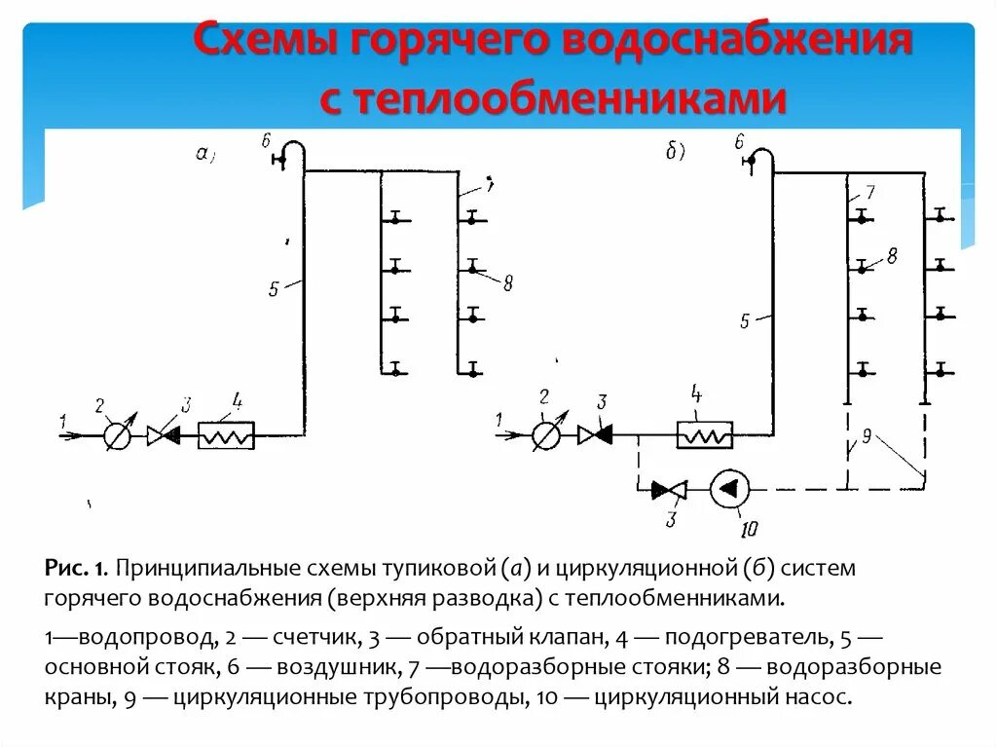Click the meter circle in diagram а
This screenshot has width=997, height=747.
[117, 435]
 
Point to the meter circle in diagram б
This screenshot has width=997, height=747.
[546, 435]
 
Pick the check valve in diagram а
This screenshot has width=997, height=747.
[163, 435]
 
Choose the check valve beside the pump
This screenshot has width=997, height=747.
[669, 490]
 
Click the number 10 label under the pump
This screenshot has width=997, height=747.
[748, 529]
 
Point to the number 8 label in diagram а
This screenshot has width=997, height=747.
[507, 283]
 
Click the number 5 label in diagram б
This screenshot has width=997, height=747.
[745, 320]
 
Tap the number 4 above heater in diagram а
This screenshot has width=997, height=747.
[237, 399]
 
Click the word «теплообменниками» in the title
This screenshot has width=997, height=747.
[552, 97]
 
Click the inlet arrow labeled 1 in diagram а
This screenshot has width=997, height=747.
[72, 435]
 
